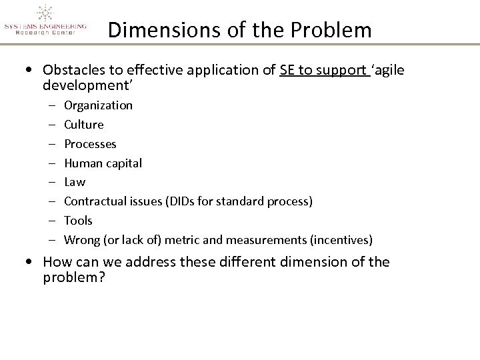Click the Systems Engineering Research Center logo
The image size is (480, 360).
pyautogui.click(x=45, y=19)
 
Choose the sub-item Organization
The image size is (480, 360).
pyautogui.click(x=99, y=105)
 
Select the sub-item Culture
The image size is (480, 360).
pyautogui.click(x=84, y=125)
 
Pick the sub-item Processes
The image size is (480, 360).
pyautogui.click(x=90, y=144)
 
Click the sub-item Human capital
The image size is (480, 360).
pyautogui.click(x=103, y=163)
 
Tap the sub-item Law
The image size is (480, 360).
pyautogui.click(x=75, y=182)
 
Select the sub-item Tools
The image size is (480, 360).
pyautogui.click(x=79, y=220)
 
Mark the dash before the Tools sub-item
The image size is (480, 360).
pyautogui.click(x=52, y=220)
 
